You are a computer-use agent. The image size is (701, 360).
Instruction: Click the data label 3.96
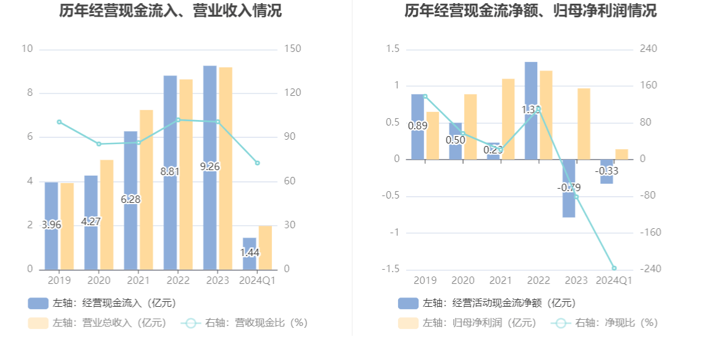(51, 225)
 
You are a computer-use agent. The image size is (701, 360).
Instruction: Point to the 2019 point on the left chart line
(59, 122)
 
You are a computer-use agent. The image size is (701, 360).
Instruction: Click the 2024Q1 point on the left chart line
(257, 163)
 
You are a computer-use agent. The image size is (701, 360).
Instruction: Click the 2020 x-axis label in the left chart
(98, 281)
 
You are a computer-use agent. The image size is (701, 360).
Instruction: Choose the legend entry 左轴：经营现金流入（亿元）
(102, 303)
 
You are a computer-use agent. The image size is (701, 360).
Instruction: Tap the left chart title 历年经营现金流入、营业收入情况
(170, 11)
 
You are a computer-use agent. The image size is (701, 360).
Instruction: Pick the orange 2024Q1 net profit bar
(621, 154)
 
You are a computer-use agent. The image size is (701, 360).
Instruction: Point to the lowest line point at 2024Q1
(614, 268)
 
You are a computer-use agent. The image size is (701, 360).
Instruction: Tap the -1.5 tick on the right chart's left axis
(392, 269)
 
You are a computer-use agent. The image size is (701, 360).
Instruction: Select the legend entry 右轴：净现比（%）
(606, 323)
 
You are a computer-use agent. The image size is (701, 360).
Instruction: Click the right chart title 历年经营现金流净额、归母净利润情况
(530, 11)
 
